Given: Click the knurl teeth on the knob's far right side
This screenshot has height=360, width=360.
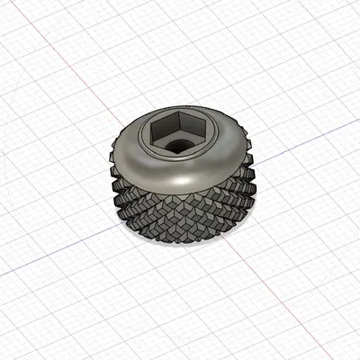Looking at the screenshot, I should pyautogui.click(x=250, y=184).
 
